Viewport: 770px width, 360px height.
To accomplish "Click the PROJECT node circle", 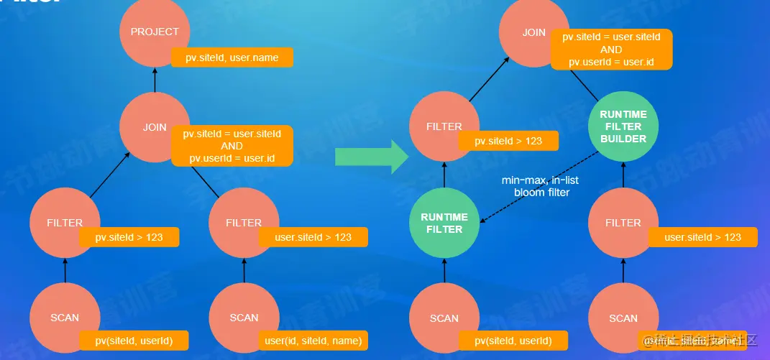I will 155,32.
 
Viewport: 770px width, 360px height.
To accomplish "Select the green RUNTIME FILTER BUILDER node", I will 623,126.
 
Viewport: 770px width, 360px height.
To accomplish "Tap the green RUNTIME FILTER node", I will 444,223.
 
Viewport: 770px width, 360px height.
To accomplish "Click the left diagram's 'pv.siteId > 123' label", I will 129,238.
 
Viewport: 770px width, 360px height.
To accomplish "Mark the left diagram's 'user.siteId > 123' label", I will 313,237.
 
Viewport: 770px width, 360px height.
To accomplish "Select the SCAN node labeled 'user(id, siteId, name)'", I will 244,318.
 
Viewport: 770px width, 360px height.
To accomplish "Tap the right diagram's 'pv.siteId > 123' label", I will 508,141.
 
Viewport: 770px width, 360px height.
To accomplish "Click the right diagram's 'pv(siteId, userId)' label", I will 513,340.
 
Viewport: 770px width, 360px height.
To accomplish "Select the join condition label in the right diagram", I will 611,49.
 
